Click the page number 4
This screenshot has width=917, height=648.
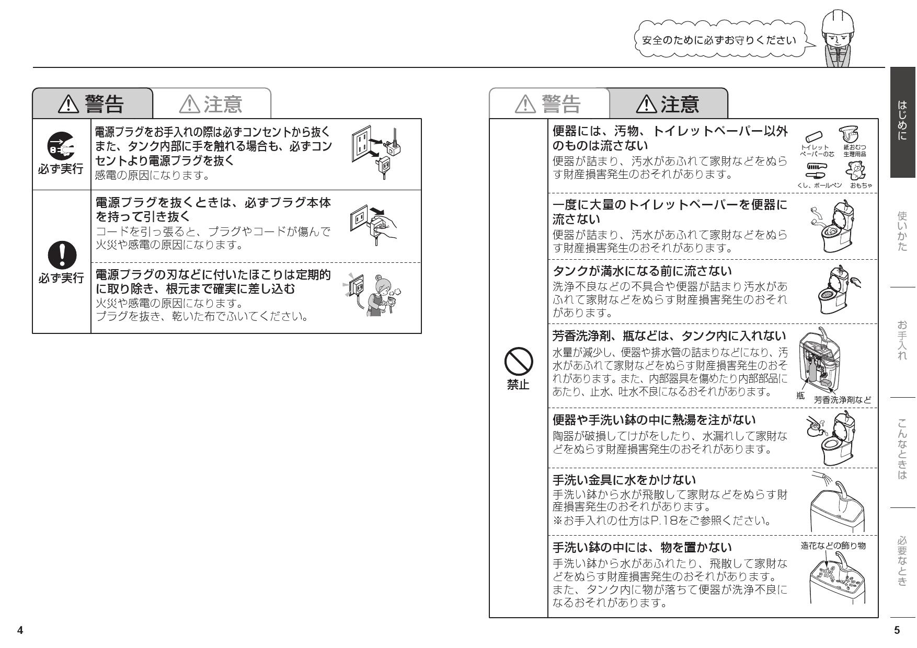(20, 630)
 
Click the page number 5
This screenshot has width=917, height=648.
(897, 630)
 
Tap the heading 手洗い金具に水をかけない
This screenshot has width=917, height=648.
(625, 479)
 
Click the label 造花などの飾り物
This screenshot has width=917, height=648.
(833, 546)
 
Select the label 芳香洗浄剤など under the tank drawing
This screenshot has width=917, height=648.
(843, 400)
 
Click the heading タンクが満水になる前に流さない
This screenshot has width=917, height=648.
(643, 271)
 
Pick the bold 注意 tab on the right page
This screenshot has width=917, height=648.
(669, 104)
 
